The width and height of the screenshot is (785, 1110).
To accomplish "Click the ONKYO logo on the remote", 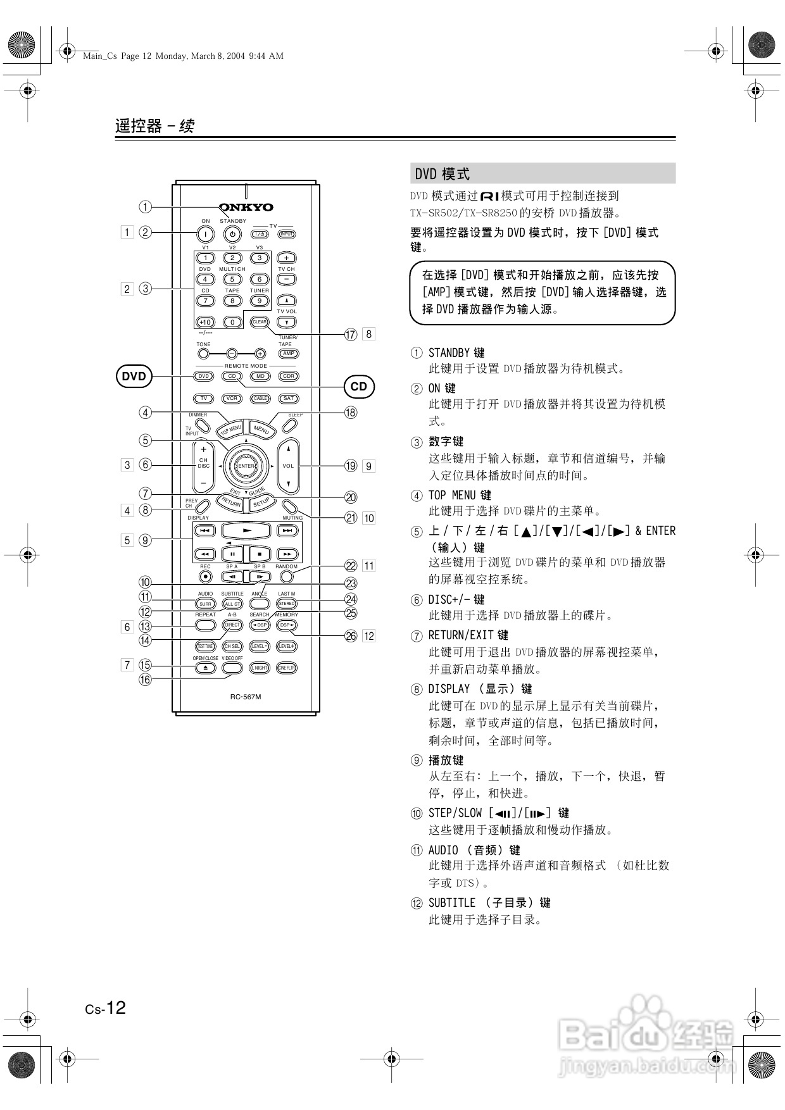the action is click(x=246, y=207).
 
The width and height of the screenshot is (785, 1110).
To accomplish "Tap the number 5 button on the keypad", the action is click(x=232, y=279).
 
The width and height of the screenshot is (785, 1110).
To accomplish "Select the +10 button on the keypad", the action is click(x=205, y=322).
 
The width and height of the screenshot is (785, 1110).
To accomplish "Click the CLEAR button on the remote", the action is click(x=260, y=322).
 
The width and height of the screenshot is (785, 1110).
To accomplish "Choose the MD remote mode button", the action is click(x=260, y=376).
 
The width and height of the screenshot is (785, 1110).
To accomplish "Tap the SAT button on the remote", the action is click(x=289, y=399).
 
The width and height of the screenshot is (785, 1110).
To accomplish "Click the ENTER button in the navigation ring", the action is click(x=246, y=466).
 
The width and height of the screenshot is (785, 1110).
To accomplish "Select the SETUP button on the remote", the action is click(x=261, y=502).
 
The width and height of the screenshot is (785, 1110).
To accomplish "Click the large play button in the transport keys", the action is click(x=247, y=530).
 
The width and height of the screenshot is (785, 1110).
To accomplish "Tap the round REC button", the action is click(x=205, y=577).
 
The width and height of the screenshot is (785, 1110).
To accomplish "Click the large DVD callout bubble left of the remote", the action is click(x=134, y=377).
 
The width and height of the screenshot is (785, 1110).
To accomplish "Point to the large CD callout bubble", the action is click(x=358, y=387).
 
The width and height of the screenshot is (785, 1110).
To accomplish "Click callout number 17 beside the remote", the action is click(x=351, y=334).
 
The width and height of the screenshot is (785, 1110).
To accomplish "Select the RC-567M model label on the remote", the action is click(x=246, y=697).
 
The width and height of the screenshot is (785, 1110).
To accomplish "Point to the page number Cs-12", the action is click(x=106, y=1007).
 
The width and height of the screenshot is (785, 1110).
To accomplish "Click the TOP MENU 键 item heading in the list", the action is click(x=460, y=495).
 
